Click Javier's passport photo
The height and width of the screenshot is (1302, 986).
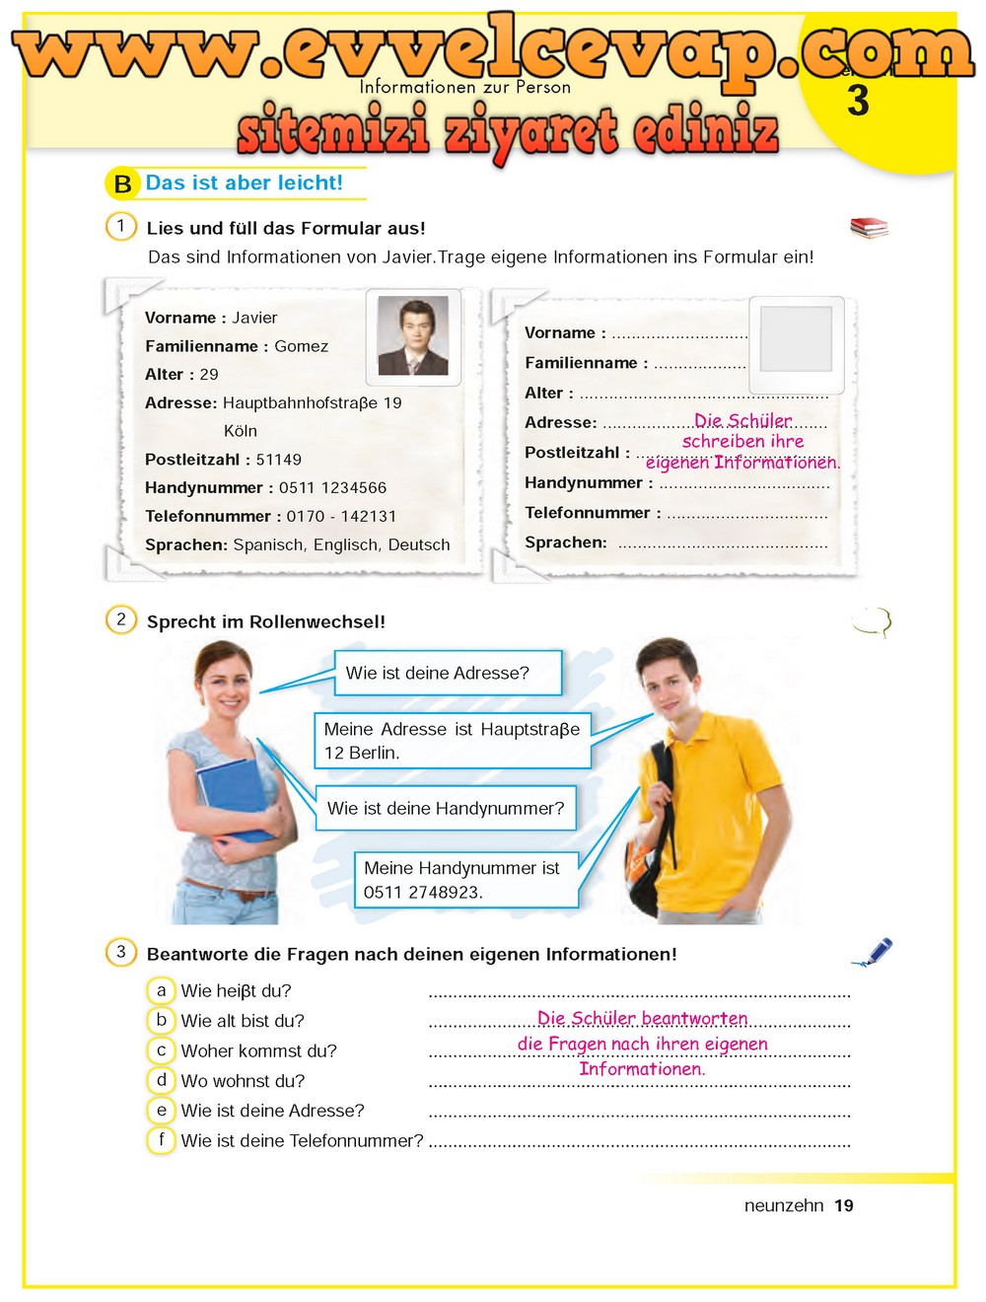click(413, 337)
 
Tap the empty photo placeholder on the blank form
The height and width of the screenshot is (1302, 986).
click(796, 339)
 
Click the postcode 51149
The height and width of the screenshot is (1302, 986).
click(279, 460)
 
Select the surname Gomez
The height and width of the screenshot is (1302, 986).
click(302, 346)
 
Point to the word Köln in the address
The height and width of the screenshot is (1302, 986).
click(241, 431)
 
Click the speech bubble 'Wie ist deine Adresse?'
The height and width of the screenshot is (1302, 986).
click(448, 674)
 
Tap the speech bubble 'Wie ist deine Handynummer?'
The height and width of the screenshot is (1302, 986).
click(446, 809)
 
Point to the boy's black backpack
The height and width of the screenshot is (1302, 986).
click(646, 848)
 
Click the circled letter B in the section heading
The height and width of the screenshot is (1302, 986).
click(122, 184)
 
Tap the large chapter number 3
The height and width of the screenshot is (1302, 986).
click(858, 101)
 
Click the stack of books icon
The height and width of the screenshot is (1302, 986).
click(869, 228)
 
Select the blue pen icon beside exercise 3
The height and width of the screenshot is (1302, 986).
click(874, 952)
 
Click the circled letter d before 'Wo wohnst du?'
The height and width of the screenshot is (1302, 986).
click(162, 1080)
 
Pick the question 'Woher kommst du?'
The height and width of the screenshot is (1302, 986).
click(258, 1051)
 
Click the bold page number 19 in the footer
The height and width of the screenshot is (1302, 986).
click(844, 1205)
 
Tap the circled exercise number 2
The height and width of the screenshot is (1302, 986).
click(121, 619)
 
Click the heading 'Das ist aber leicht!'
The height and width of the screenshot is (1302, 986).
click(245, 182)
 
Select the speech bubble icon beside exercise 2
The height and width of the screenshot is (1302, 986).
click(872, 621)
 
